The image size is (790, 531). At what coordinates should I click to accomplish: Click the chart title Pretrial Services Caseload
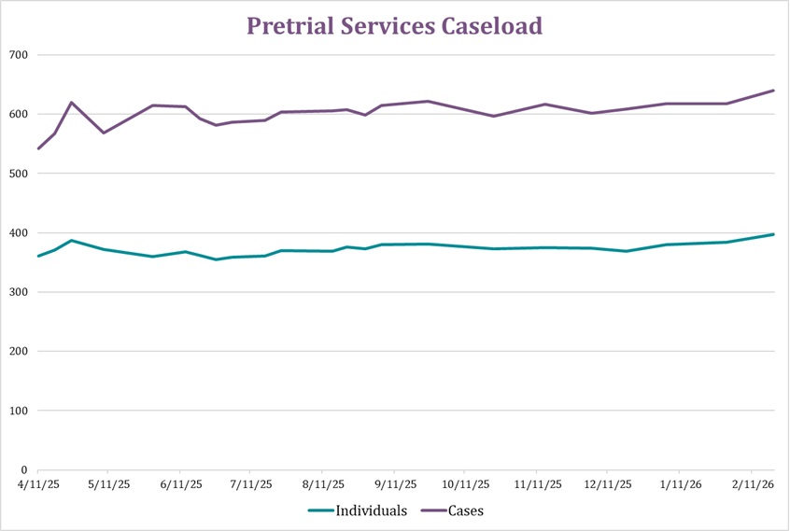pos(394,26)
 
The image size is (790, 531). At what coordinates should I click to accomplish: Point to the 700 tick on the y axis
pos(19,55)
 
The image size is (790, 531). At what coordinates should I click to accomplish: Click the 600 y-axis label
pos(19,114)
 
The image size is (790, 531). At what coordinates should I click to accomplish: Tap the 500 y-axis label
pos(19,174)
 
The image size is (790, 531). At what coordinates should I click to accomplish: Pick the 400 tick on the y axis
pos(19,233)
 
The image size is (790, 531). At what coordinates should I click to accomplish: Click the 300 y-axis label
pos(19,292)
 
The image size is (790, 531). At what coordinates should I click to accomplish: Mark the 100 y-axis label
pos(19,411)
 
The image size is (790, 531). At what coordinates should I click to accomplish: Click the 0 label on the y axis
pos(24,470)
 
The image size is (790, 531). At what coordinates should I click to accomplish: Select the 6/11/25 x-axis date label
pos(179,485)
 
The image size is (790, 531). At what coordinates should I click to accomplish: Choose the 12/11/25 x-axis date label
pos(608,485)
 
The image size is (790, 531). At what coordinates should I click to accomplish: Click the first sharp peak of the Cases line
pos(71,103)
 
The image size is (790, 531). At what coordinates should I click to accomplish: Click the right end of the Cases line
pos(774,91)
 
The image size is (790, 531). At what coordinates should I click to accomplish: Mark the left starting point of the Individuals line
pos(37,256)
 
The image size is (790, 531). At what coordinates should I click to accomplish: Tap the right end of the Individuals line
pos(774,234)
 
